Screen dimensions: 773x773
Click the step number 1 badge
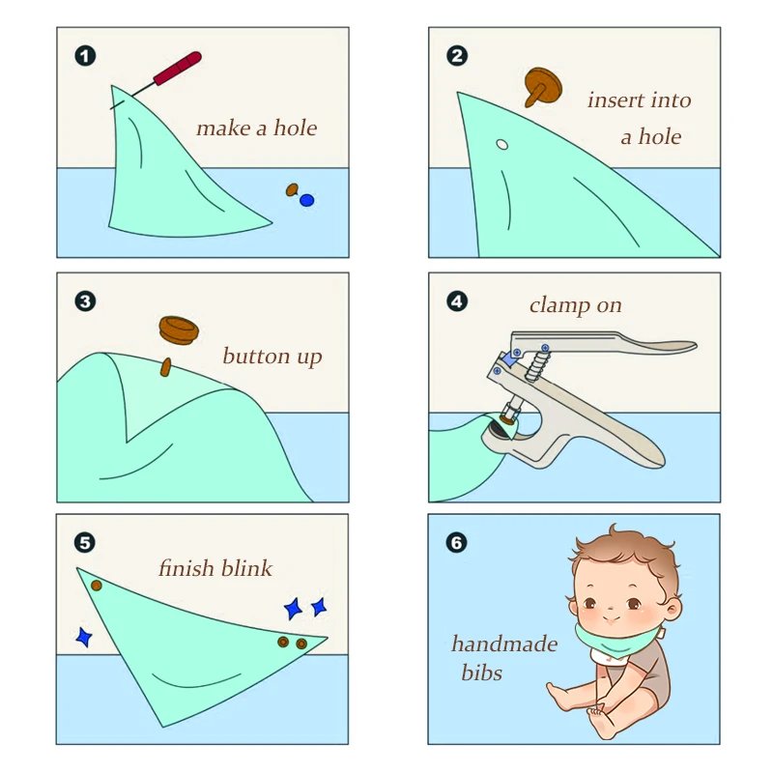point(85,56)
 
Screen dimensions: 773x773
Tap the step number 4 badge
point(457,301)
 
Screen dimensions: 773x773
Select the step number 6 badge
point(456,543)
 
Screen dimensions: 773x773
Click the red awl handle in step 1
point(178,68)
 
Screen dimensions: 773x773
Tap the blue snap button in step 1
point(306,200)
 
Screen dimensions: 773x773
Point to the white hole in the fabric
point(501,144)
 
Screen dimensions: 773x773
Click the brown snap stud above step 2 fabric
point(542,87)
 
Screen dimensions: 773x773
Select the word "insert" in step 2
point(616,100)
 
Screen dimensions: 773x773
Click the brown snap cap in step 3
point(179,329)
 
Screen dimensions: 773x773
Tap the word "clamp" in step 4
point(559,305)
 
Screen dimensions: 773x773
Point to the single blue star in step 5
point(84,637)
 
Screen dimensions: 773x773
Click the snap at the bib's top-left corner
point(97,586)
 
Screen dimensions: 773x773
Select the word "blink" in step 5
point(246,568)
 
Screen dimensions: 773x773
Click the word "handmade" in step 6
point(504,644)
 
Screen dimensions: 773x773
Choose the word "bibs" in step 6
point(481,673)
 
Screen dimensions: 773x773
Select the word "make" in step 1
point(224,129)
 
